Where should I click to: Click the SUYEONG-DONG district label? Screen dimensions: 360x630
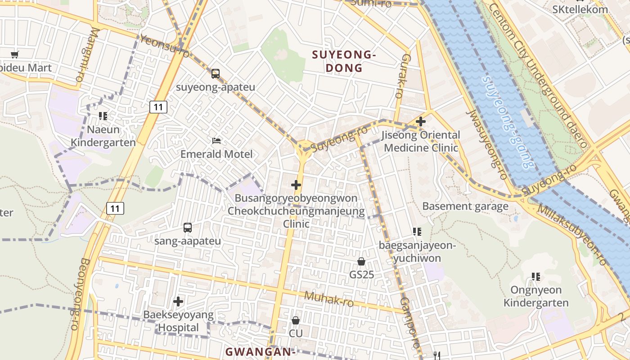(x=344, y=62)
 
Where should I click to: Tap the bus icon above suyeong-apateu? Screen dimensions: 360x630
(x=216, y=73)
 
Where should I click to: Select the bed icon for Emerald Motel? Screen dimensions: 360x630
(x=216, y=141)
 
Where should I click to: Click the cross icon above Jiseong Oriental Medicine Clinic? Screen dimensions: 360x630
(x=421, y=121)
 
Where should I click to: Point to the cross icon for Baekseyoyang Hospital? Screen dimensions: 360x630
(x=178, y=301)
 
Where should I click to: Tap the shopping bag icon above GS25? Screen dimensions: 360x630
(x=361, y=261)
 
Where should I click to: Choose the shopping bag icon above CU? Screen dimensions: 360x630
(x=296, y=320)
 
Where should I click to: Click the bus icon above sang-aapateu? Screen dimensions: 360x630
(x=188, y=228)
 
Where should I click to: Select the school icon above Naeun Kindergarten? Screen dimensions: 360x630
(x=103, y=116)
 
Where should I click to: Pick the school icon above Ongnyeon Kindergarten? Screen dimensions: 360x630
(x=535, y=276)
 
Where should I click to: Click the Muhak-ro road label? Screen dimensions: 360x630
(x=328, y=299)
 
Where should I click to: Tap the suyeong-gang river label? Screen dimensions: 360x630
(x=506, y=122)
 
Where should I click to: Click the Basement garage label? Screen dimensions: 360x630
(x=465, y=207)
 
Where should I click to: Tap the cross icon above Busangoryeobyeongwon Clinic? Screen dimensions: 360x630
(x=296, y=185)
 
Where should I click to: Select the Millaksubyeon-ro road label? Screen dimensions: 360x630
(x=571, y=234)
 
